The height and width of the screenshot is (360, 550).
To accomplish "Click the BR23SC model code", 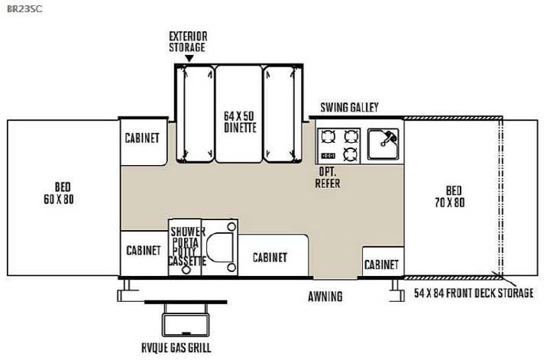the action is pos(24,8).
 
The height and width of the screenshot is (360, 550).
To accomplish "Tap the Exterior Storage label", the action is pos(188,42).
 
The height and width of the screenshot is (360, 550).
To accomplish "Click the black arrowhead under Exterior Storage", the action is pos(189,59).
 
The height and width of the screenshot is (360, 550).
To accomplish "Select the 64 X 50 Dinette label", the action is pos(240,122).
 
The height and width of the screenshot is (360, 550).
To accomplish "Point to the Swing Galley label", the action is pos(349,107).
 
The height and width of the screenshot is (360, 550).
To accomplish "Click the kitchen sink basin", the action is pos(383,144).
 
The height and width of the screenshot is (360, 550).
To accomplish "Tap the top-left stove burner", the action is pos(328,136).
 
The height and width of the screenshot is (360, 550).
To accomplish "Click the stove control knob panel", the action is pos(328,155).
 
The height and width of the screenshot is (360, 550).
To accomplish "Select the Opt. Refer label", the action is pos(328,177).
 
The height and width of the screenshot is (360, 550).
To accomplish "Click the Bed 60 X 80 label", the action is pos(59,193).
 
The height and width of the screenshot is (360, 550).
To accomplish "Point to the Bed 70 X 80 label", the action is pos(450,196).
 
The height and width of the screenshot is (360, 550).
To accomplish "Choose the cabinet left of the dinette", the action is pos(143,141).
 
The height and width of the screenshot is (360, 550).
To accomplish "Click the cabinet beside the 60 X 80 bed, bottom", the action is pos(144,253).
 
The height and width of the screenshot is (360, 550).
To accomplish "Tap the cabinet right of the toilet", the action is pos(273,255).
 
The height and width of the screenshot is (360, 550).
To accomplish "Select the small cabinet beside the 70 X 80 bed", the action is pos(383,261).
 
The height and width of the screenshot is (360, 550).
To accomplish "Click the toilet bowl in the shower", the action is pos(220,246).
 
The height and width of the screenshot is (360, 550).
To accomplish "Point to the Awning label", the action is pos(325,297).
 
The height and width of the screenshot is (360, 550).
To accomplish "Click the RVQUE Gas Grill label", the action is pos(176,348).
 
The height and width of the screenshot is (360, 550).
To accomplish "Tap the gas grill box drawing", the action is pos(186,325).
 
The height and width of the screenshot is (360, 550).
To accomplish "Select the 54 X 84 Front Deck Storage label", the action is pos(474,293).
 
